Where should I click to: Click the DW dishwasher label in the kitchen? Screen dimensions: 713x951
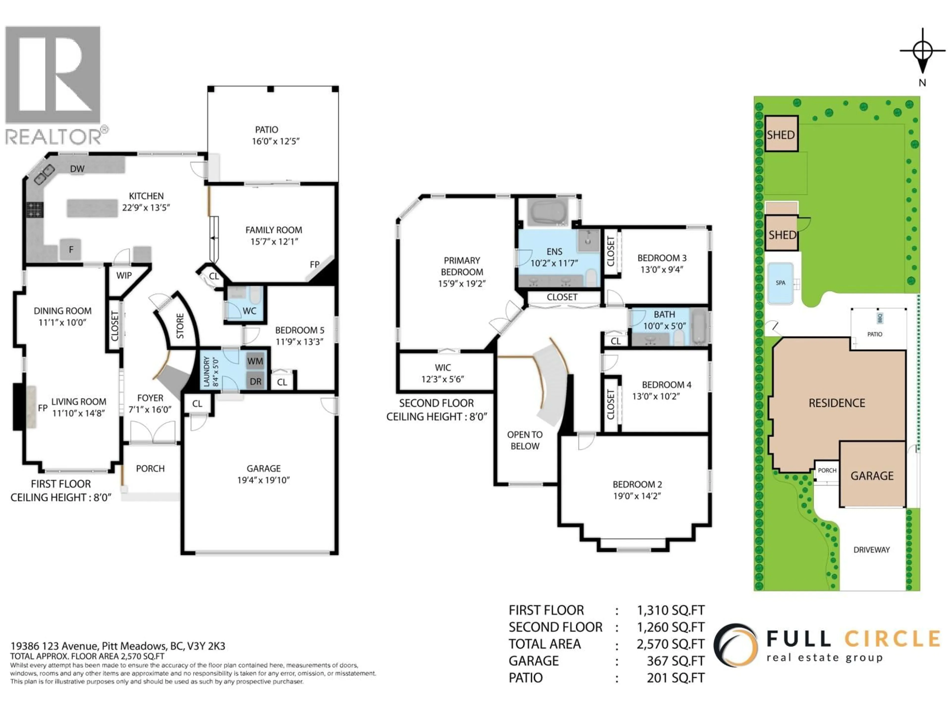coord(77,169)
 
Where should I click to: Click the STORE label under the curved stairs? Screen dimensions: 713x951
coord(180,326)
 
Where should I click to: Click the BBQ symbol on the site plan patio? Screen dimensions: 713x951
coord(880,318)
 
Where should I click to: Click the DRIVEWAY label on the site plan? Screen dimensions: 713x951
coord(872,550)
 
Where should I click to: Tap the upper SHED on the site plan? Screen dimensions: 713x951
coord(781,134)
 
